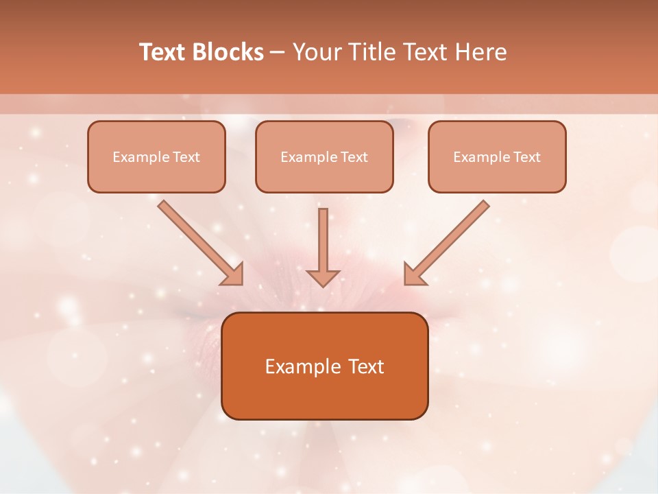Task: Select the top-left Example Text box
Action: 156,157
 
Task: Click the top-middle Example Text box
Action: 324,157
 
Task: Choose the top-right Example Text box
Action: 497,157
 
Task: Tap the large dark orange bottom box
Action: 324,366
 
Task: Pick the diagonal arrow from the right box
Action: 450,239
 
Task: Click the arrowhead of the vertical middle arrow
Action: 323,277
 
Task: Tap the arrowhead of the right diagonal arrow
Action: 414,274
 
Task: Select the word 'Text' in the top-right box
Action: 527,157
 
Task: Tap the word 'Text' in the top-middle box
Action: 354,157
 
